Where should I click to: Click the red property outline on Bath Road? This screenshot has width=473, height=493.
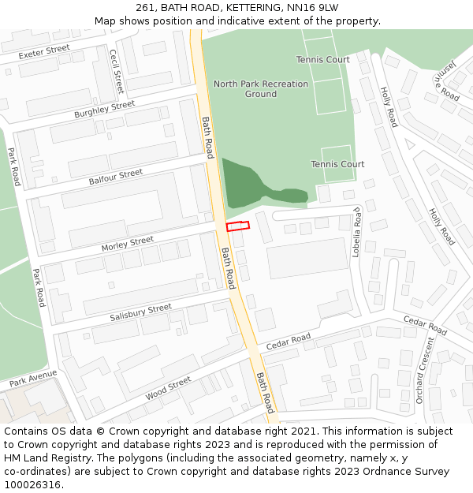tap(237, 226)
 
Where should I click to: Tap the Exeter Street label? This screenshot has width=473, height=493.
tap(44, 52)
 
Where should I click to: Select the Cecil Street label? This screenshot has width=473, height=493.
tap(117, 71)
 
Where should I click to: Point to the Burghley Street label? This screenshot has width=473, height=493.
tap(105, 110)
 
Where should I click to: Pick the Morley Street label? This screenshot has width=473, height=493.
tap(127, 245)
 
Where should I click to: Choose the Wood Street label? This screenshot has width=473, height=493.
tap(169, 387)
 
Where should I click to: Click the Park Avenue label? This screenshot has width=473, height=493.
tap(33, 378)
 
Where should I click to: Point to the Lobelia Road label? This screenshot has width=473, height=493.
tap(356, 227)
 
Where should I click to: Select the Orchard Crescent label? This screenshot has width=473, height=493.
tap(424, 370)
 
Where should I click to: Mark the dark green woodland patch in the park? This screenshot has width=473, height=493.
tap(241, 182)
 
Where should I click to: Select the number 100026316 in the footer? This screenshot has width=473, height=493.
tap(34, 484)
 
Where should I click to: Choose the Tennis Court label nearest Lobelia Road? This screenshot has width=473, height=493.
tap(337, 164)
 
